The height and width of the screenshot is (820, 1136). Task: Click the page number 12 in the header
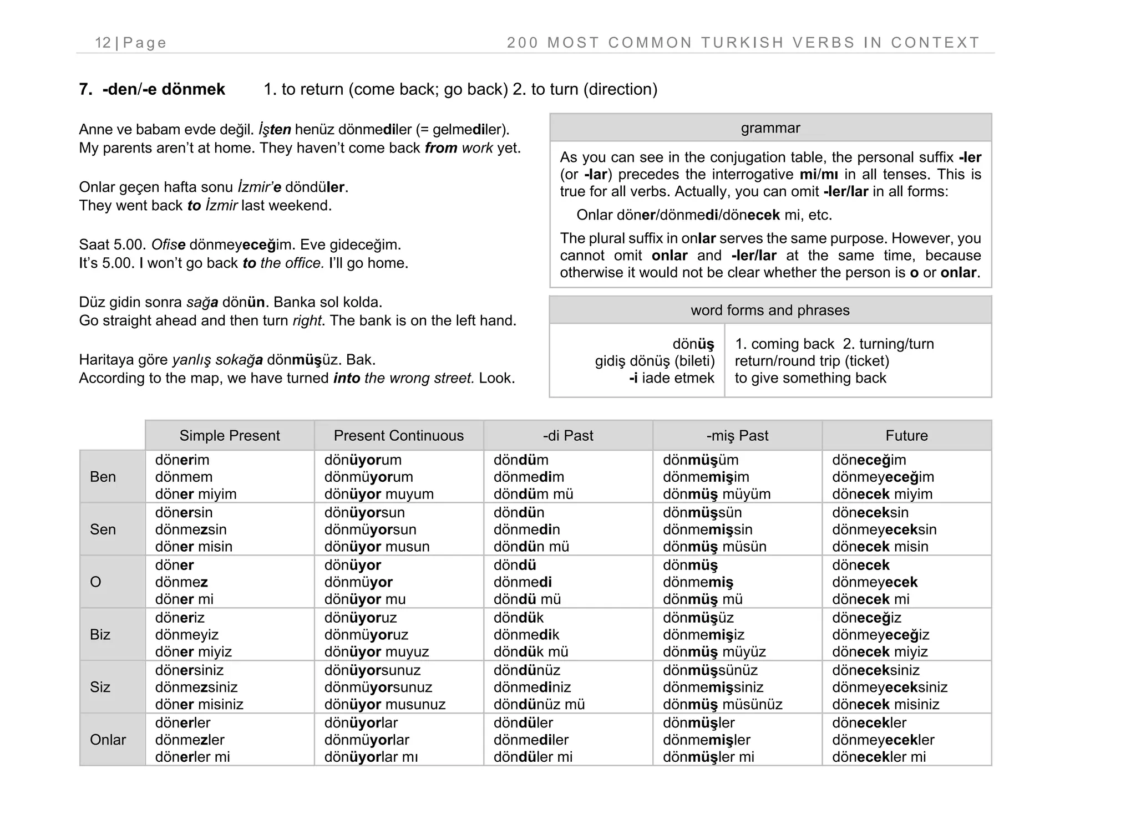tap(103, 43)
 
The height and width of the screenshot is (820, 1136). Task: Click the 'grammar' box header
tap(770, 128)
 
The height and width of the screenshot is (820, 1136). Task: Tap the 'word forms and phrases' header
tap(770, 310)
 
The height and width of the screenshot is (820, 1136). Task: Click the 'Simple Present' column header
tap(230, 436)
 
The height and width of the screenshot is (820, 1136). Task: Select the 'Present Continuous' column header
tap(398, 436)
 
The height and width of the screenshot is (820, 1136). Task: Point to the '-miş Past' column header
tap(737, 436)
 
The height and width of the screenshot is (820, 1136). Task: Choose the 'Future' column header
tap(906, 436)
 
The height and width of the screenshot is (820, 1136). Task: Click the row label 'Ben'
tap(103, 477)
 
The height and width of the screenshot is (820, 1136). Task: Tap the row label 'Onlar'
tap(108, 740)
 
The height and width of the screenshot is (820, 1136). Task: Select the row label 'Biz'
tap(100, 634)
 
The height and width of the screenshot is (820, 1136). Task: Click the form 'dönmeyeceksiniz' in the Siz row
tap(889, 687)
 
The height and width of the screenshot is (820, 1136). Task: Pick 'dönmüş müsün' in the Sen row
tap(714, 547)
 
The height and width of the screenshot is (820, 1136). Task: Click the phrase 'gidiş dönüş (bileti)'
tap(655, 361)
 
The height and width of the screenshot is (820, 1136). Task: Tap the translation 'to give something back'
tap(810, 378)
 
